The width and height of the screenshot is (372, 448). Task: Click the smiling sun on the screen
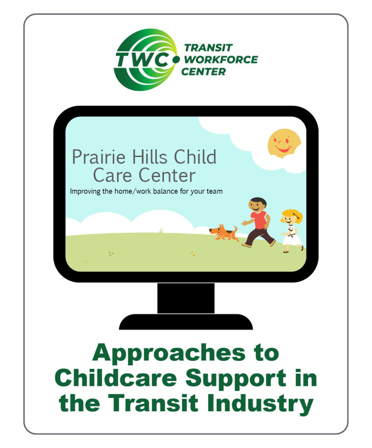pyautogui.click(x=284, y=143)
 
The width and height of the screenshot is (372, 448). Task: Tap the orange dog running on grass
pyautogui.click(x=223, y=232)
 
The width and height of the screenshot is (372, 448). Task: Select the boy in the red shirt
pyautogui.click(x=258, y=221)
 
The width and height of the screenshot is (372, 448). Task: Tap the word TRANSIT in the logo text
pyautogui.click(x=209, y=48)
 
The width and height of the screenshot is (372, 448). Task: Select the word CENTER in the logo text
pyautogui.click(x=203, y=71)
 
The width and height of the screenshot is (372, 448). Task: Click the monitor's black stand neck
pyautogui.click(x=186, y=297)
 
